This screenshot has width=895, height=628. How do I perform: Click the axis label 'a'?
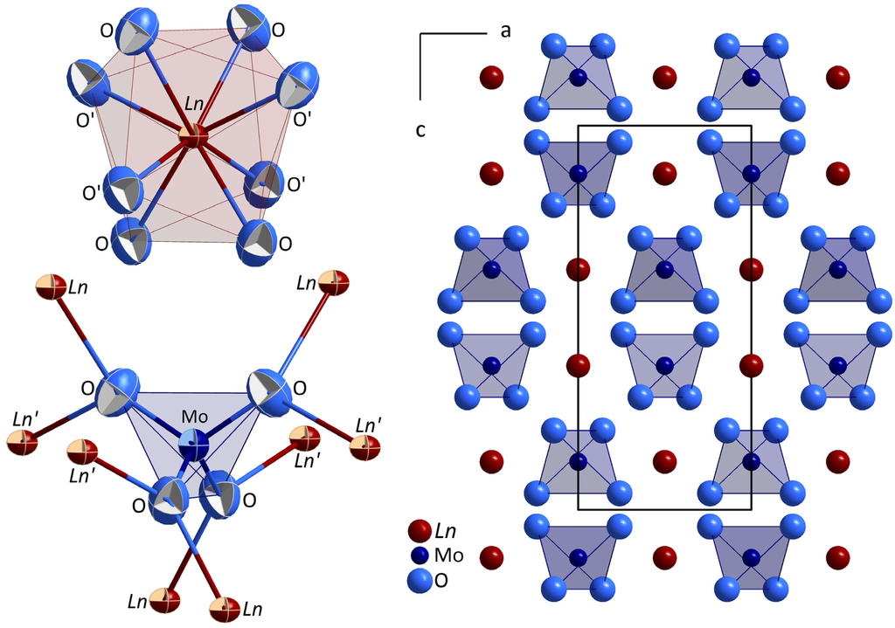point(505,31)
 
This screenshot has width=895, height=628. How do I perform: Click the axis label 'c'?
point(420,130)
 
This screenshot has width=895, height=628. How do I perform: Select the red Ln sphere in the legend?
point(421,530)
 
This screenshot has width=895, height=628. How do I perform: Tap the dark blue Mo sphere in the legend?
point(421,555)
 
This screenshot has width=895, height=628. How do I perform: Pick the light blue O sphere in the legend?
point(421,578)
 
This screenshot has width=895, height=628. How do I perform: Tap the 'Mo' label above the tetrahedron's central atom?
point(195,417)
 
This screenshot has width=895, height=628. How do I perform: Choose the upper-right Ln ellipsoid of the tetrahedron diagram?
point(333,283)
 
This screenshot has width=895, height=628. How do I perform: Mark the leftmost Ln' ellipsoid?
point(24,442)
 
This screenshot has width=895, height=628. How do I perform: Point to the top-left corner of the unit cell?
point(579,125)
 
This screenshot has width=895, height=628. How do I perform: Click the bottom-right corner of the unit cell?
point(750,510)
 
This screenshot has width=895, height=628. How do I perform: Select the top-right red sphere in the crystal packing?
point(837,77)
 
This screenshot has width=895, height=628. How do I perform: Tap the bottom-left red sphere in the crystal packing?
point(492,556)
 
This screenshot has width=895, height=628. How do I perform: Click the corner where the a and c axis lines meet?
point(421,35)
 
